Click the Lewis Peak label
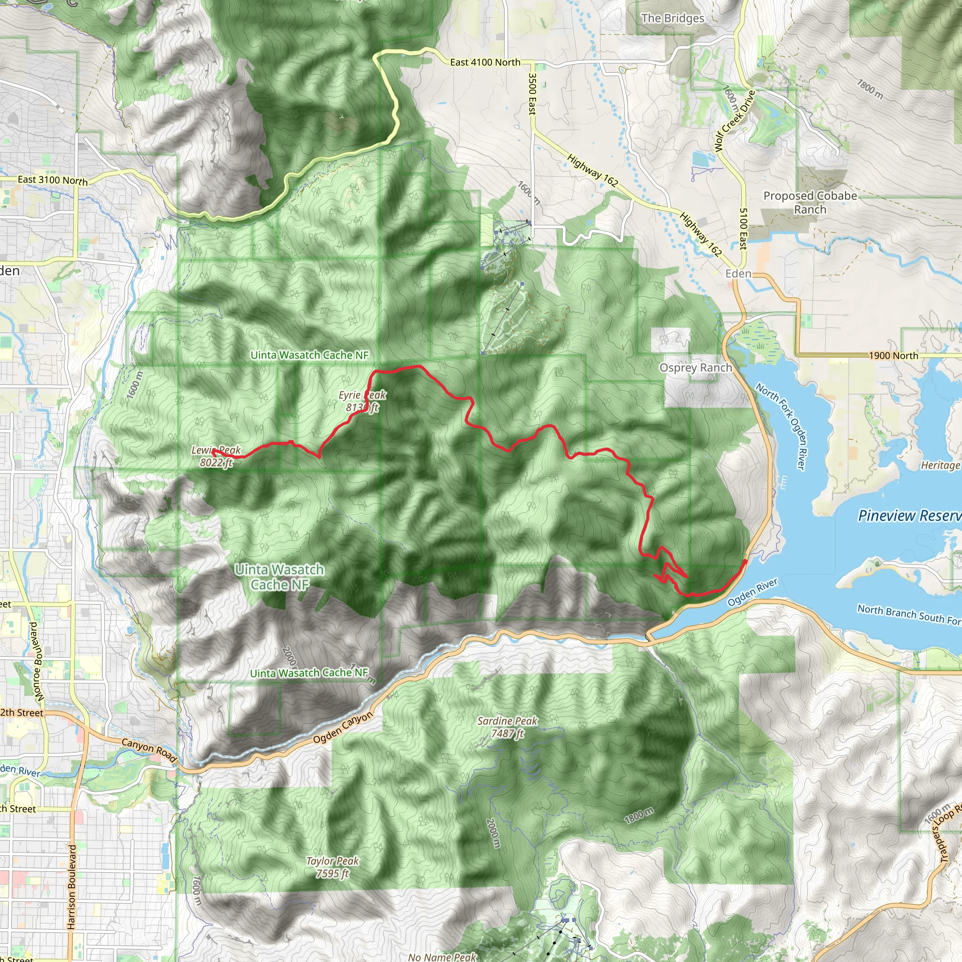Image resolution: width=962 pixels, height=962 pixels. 216,456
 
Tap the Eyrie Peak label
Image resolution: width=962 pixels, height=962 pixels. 362,401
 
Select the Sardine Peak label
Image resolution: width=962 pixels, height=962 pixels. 507,727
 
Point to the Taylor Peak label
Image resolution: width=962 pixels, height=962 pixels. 332,867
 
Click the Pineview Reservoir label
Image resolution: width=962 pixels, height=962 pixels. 909,515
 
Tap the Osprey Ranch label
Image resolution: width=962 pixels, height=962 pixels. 695,367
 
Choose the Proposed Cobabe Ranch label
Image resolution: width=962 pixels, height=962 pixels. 810,202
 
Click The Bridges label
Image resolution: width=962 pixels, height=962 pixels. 672,18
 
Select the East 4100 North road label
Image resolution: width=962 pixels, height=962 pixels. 484,62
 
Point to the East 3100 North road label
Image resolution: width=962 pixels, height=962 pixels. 52,180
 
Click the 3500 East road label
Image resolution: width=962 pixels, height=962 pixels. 532,94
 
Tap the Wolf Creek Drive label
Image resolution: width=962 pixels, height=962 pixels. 734,121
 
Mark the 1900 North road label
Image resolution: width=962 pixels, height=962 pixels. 893,356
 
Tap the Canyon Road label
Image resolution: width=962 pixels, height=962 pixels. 149,750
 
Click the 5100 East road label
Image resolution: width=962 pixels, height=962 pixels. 743,229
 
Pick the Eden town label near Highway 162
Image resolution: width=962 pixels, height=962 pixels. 738,273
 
